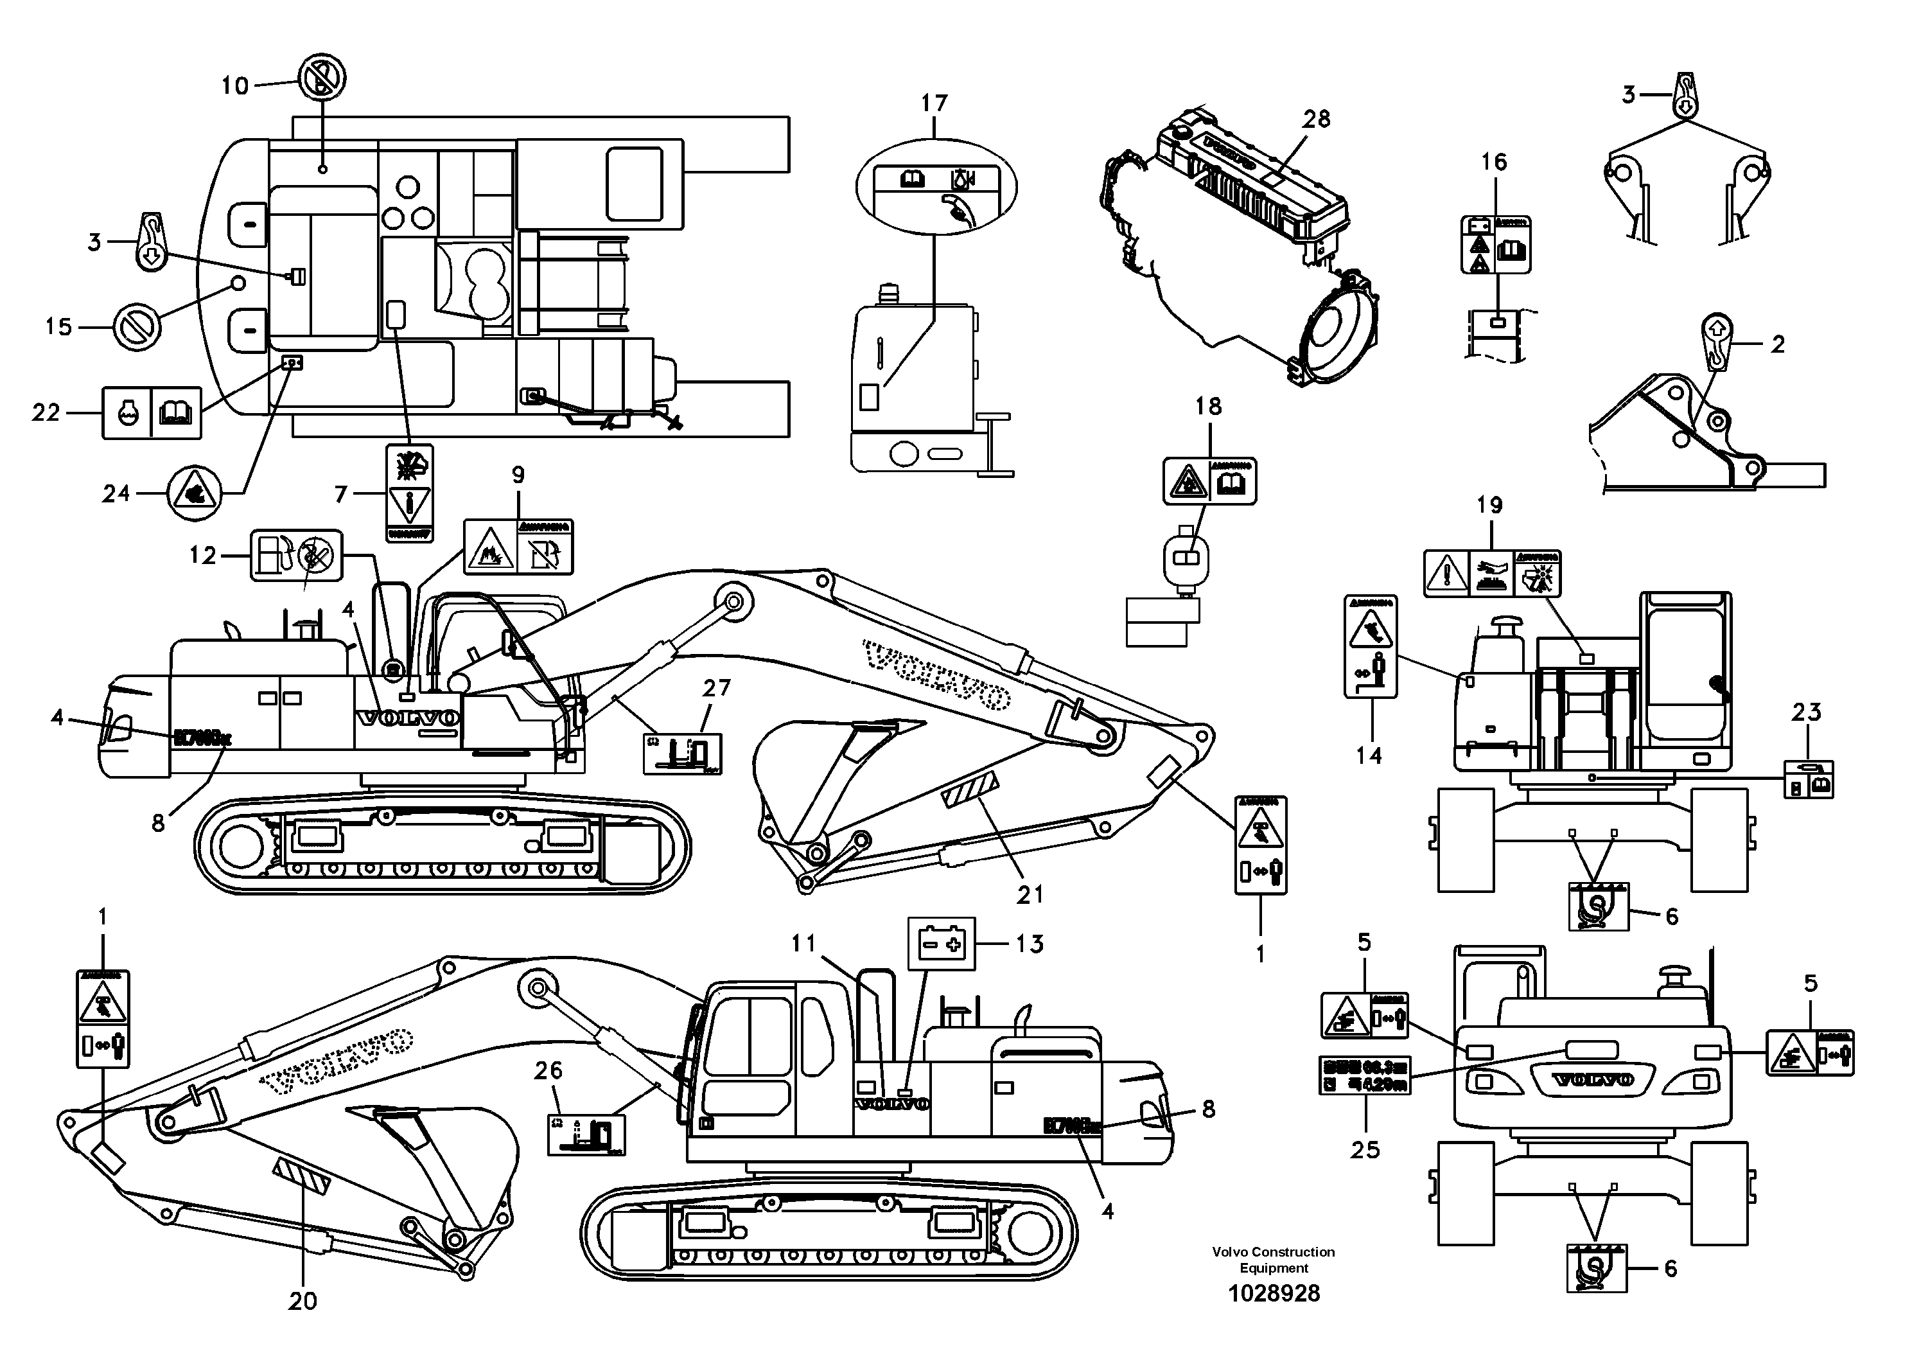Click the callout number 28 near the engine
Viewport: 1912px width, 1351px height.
tap(1317, 119)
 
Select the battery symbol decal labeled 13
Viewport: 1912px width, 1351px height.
tap(940, 944)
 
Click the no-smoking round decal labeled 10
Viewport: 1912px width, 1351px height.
tap(322, 79)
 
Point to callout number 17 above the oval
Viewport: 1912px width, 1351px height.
tap(934, 103)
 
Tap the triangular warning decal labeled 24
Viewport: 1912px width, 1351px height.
tap(194, 494)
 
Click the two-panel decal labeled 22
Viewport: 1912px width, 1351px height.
tap(152, 412)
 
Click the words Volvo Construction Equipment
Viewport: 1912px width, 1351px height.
tap(1274, 1259)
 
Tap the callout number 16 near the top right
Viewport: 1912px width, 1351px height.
tap(1494, 162)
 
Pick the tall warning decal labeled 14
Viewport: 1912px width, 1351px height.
tap(1370, 646)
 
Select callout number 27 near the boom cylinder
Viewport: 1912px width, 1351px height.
tap(716, 688)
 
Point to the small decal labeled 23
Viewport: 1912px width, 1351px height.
tap(1808, 780)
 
